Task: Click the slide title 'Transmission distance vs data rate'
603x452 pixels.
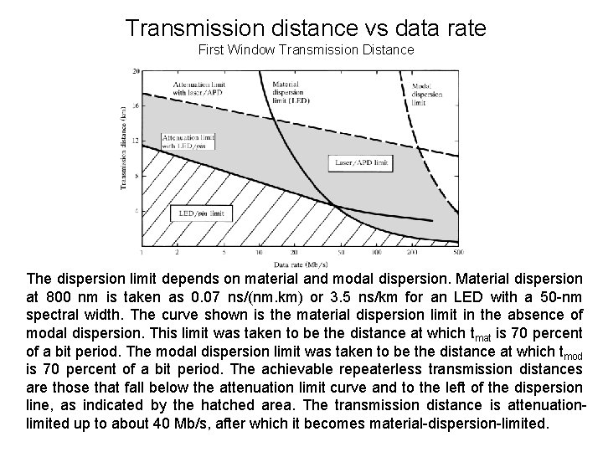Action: (306, 28)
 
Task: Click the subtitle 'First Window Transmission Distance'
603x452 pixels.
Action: (306, 50)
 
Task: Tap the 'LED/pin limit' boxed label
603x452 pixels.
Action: (201, 213)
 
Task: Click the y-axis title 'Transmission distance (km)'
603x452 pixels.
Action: (125, 151)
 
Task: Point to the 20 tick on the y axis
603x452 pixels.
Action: (137, 72)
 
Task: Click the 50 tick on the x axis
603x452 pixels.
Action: (341, 251)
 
